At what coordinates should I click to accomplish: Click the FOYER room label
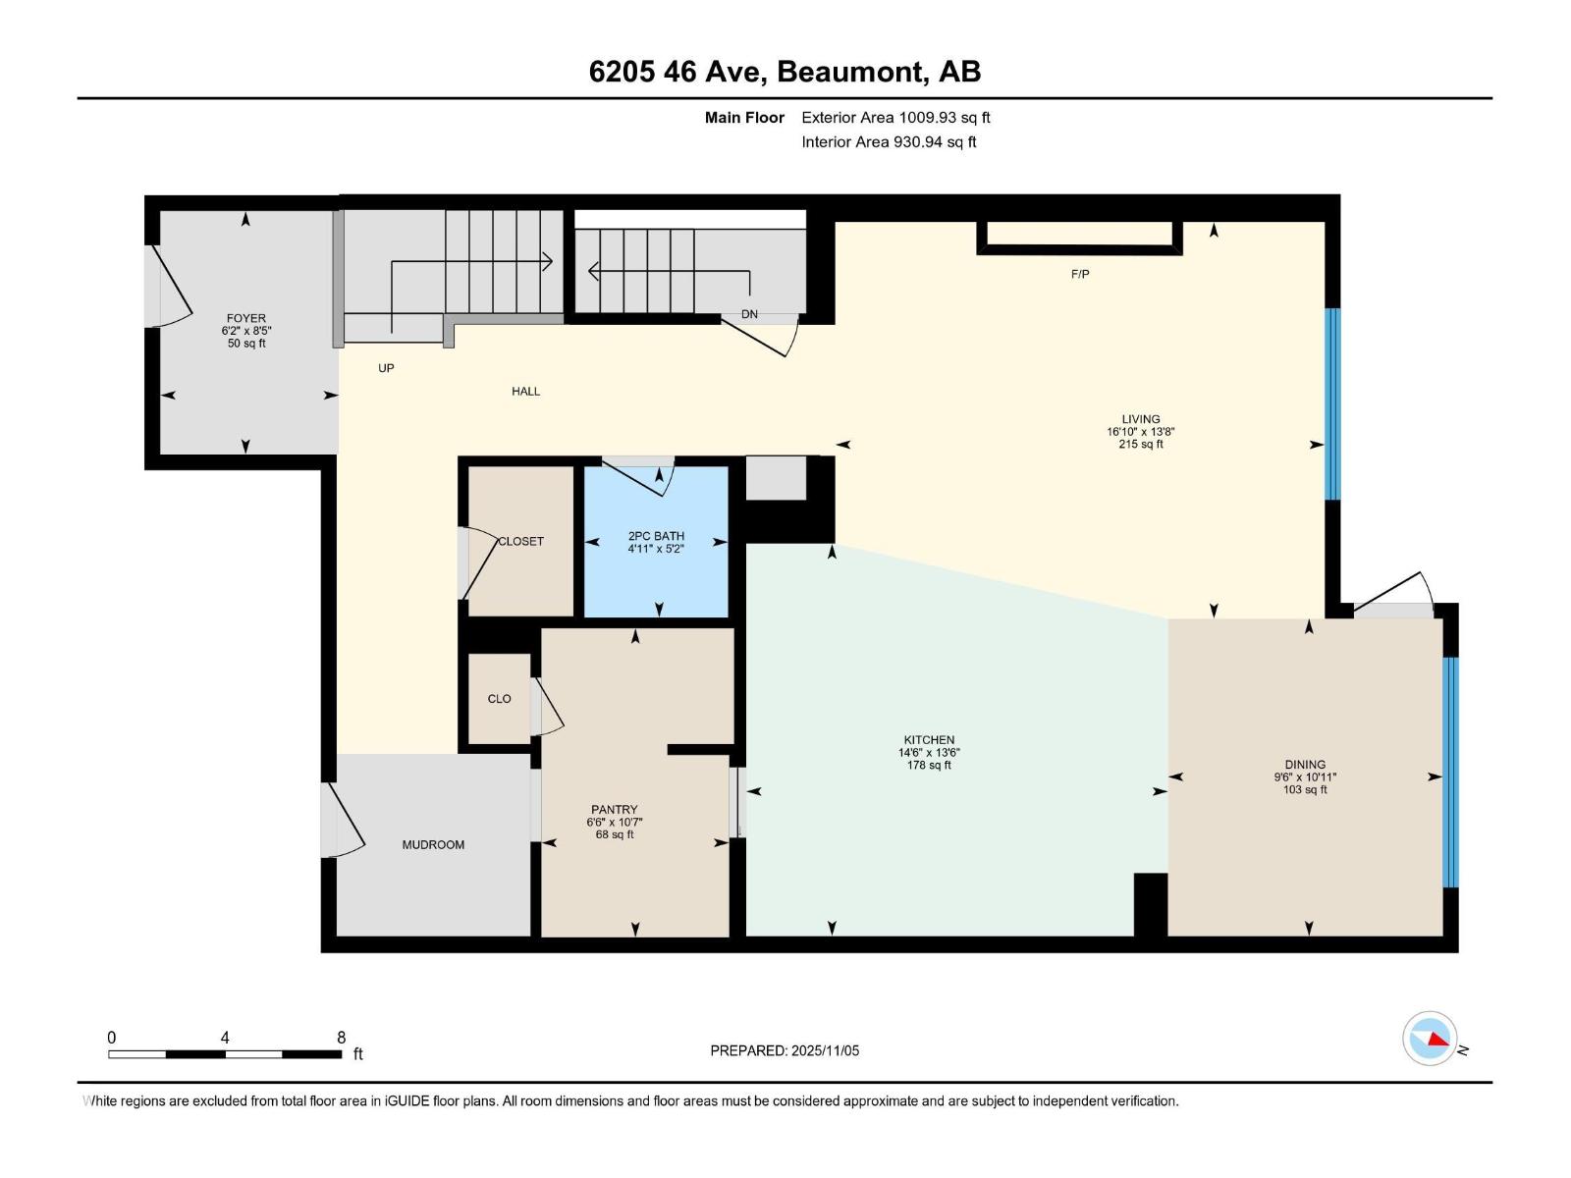point(245,318)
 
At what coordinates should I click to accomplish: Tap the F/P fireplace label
point(1080,275)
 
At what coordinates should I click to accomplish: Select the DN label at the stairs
point(750,314)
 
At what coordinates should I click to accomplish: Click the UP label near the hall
point(386,368)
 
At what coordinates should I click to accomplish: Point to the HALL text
point(525,391)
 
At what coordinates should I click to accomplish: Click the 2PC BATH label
point(656,536)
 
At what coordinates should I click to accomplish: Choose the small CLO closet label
point(499,699)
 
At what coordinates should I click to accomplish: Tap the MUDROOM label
point(433,844)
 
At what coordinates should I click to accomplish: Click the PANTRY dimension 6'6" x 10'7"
point(615,823)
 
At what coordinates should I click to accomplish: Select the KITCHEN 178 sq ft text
point(929,765)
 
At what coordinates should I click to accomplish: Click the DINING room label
point(1305,764)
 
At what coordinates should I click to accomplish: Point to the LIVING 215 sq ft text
point(1140,444)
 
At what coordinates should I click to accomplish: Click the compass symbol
point(1430,1039)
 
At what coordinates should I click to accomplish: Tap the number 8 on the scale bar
point(341,1038)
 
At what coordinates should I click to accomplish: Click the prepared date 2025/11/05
point(823,1050)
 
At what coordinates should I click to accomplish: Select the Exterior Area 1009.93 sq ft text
point(895,117)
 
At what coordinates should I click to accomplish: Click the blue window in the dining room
point(1450,772)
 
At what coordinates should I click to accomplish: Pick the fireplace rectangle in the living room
point(1079,236)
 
